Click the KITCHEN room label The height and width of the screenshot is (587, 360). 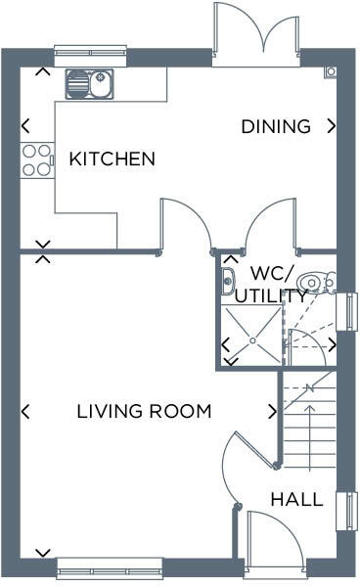click(112, 158)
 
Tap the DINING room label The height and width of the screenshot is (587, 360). click(276, 126)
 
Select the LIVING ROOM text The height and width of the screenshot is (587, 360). click(144, 412)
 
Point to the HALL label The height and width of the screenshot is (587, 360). click(296, 500)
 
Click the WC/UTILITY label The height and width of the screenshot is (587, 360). click(279, 283)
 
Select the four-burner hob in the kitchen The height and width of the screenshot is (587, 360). click(37, 159)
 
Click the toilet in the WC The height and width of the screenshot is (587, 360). click(315, 283)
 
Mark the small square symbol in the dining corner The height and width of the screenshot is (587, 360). click(331, 71)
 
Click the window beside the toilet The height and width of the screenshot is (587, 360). click(351, 310)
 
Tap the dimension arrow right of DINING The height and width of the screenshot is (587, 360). click(333, 126)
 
